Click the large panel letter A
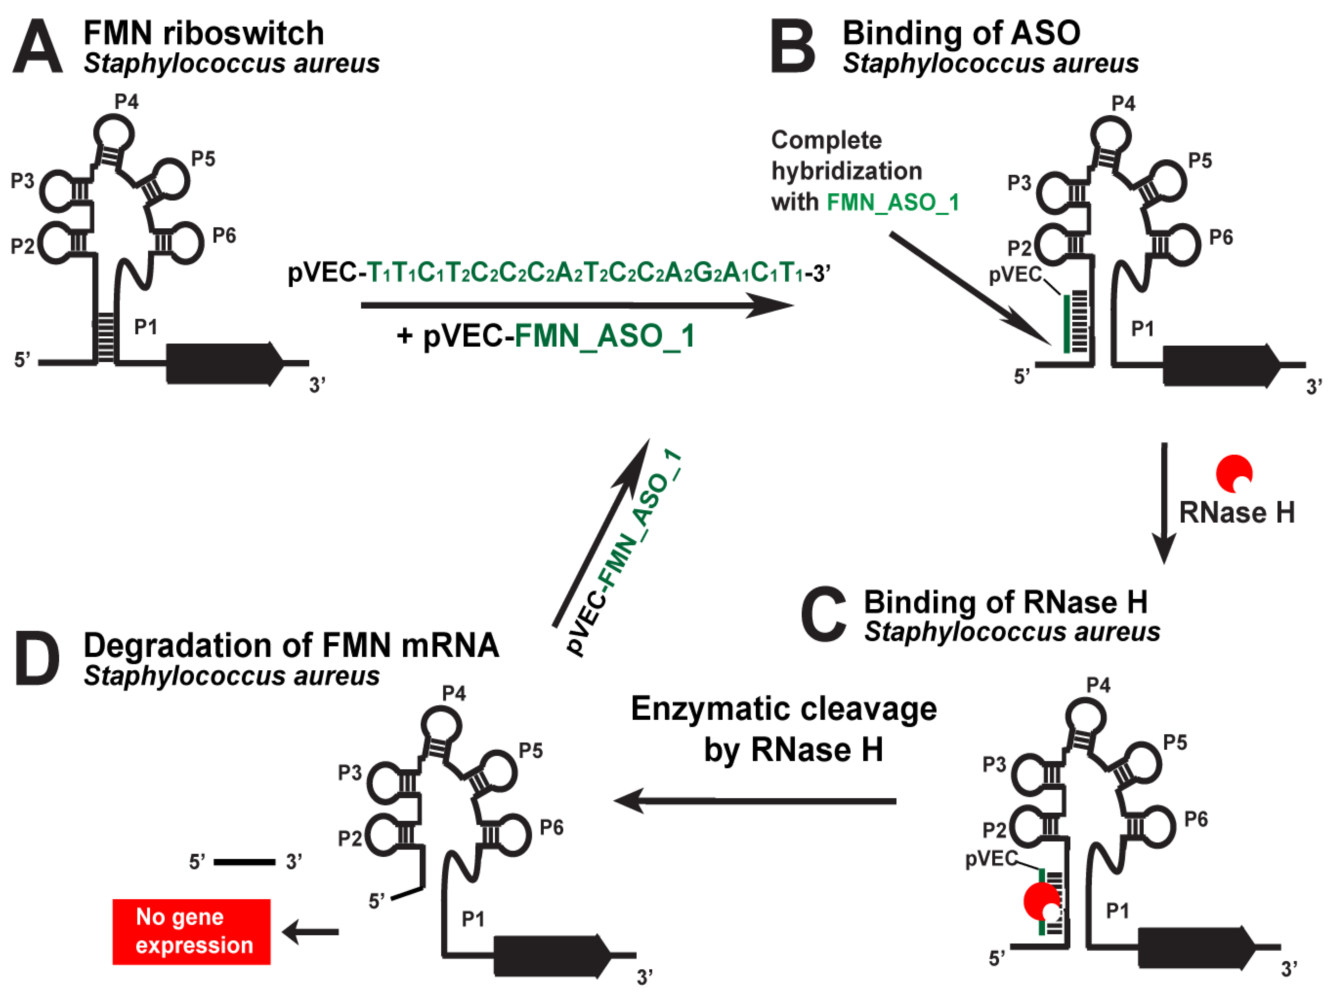pyautogui.click(x=37, y=47)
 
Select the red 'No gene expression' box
pyautogui.click(x=192, y=931)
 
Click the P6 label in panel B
pyautogui.click(x=1221, y=237)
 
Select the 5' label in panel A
pyautogui.click(x=22, y=360)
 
